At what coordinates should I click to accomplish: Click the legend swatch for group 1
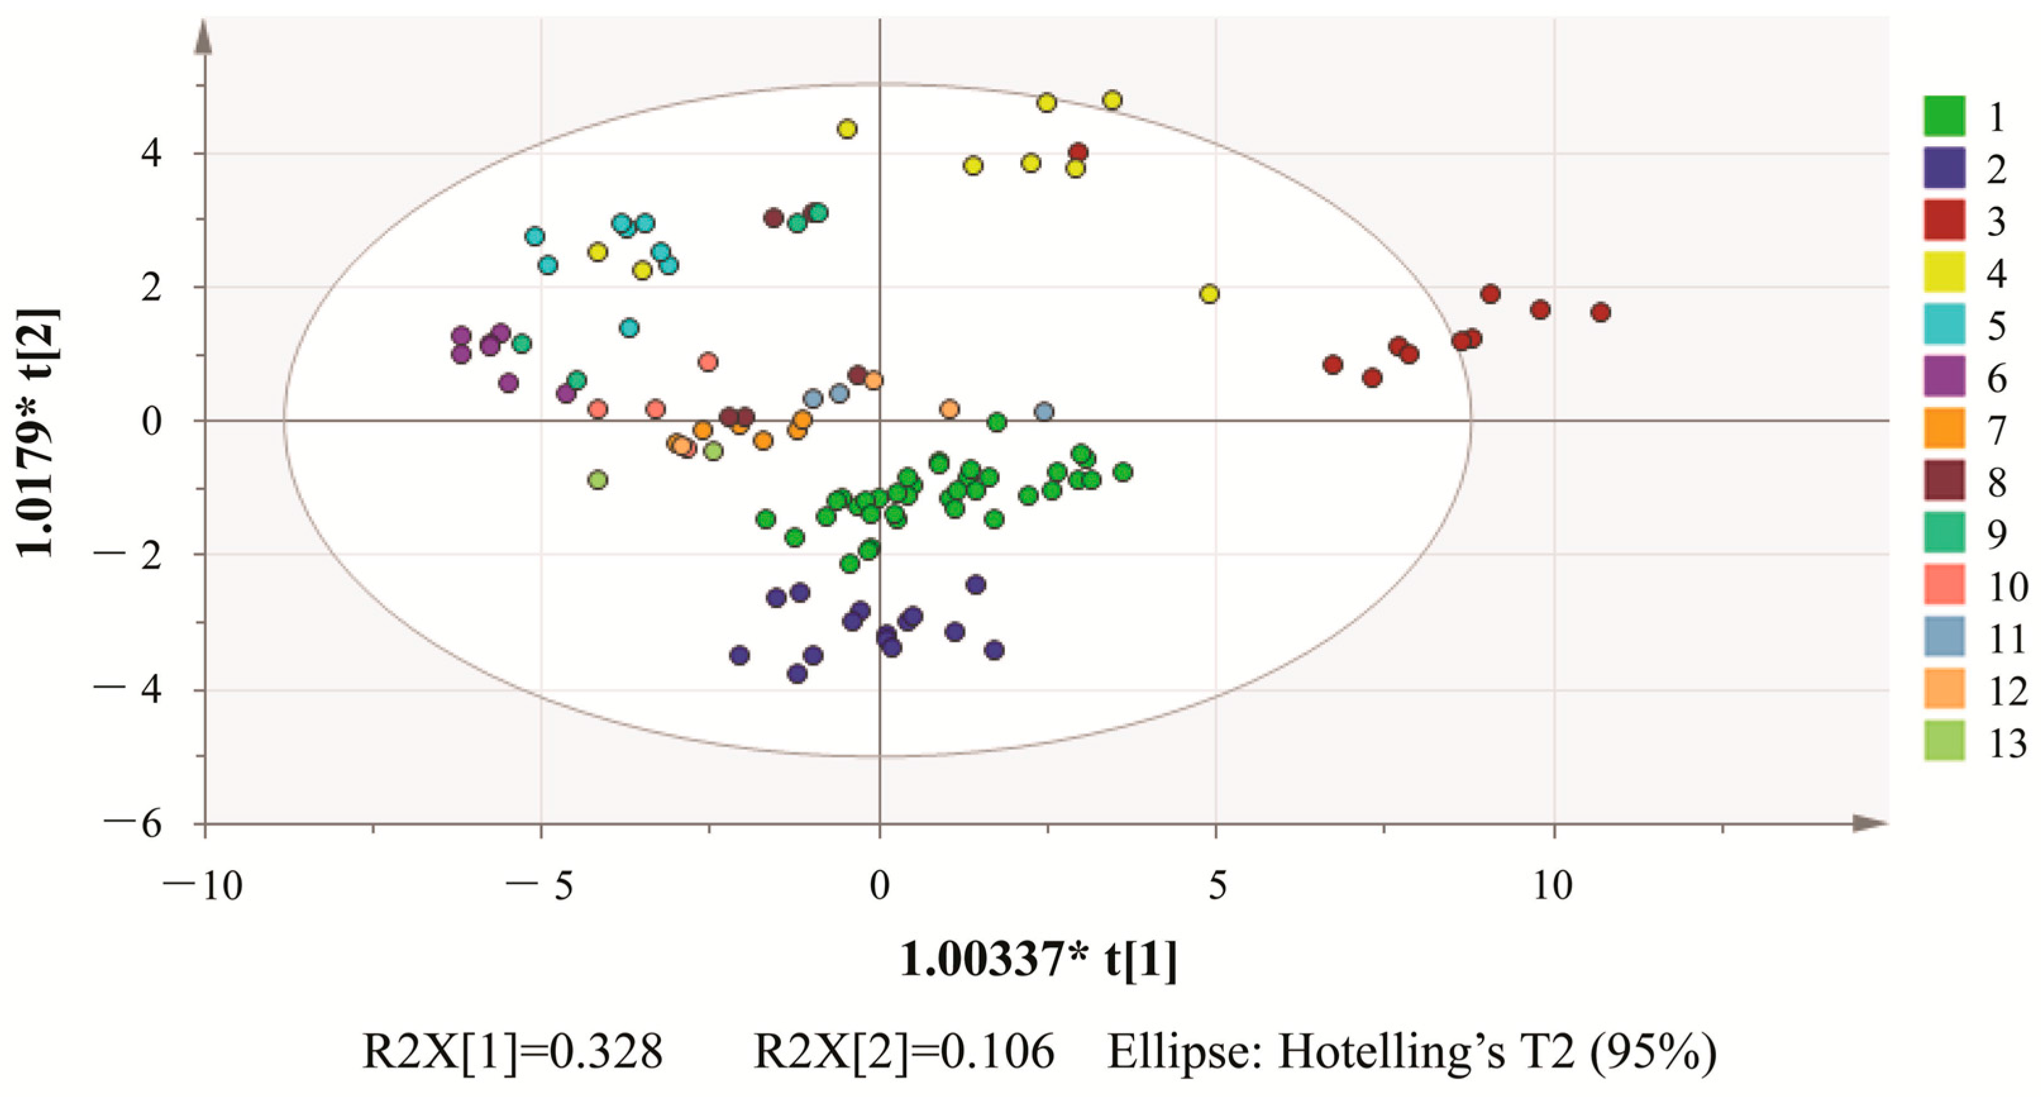pos(1944,116)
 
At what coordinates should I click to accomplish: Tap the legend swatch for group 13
pos(1944,741)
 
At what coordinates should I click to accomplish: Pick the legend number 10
pos(2007,587)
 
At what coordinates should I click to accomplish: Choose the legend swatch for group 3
pos(1944,220)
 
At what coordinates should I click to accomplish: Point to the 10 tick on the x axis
pos(1552,885)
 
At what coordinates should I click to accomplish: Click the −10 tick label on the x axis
pos(204,885)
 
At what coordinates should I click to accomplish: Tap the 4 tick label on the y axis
pos(151,153)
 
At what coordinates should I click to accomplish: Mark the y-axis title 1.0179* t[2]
pos(37,432)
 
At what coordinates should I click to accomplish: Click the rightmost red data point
pos(1600,313)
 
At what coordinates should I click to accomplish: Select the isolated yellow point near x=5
pos(1209,294)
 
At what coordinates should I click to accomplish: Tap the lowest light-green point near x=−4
pos(598,480)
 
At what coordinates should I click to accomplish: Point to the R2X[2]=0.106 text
pos(904,1053)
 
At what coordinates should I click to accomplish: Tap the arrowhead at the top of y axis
pos(204,35)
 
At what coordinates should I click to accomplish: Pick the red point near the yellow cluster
pos(1078,152)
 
